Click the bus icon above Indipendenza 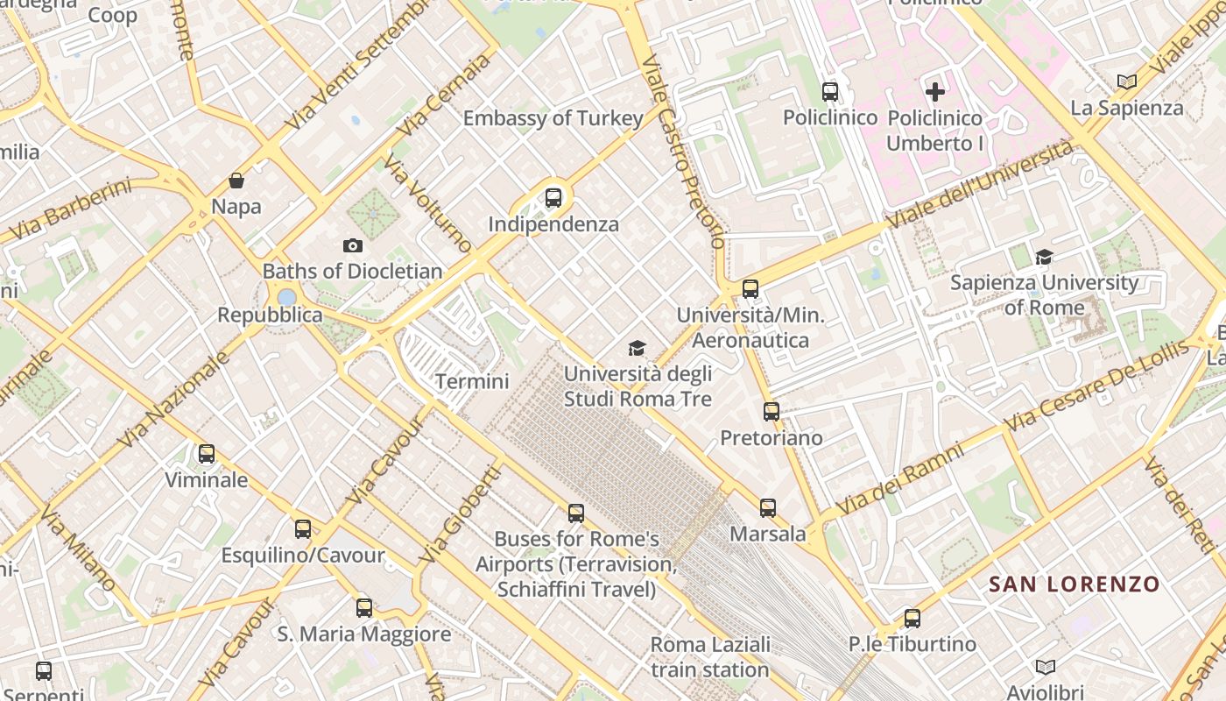[x=553, y=198]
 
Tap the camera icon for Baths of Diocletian [x=353, y=245]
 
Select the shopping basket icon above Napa [x=236, y=181]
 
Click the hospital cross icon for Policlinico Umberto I [x=935, y=91]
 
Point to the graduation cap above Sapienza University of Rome [x=1044, y=257]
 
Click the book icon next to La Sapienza [x=1127, y=81]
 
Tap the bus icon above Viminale [x=207, y=454]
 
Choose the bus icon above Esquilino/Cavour [x=303, y=529]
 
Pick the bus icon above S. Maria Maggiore [x=364, y=607]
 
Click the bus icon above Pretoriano [x=772, y=411]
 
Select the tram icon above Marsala [x=768, y=507]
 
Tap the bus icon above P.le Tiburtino [x=912, y=618]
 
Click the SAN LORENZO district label [x=1074, y=584]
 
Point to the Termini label [x=472, y=381]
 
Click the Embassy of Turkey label [x=553, y=118]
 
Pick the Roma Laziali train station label [x=710, y=657]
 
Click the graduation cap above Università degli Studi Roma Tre [x=638, y=348]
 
